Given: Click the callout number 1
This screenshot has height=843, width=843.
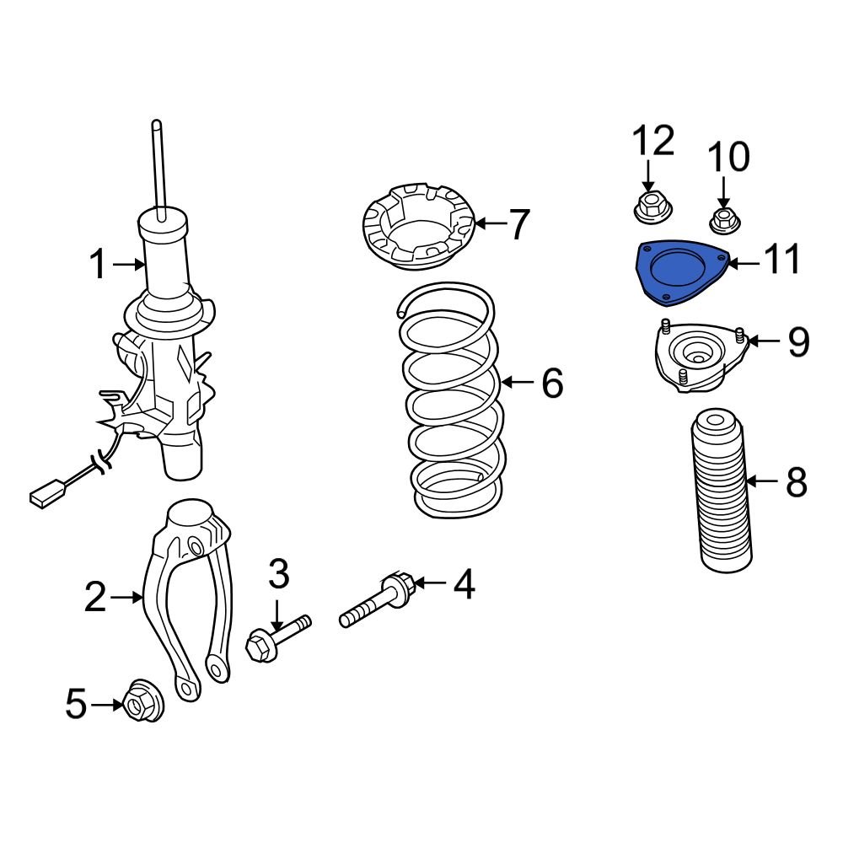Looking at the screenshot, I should coord(99,266).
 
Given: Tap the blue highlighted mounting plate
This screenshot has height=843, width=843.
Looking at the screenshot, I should coord(679,273).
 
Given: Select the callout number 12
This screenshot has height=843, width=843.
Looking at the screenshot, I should coord(653,142).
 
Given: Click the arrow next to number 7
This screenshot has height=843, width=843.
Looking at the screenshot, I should coord(491,224).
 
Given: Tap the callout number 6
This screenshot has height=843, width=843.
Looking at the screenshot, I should coord(551,384).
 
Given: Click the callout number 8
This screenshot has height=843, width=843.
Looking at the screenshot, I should coord(796,483).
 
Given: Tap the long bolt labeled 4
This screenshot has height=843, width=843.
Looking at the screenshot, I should coord(375,603).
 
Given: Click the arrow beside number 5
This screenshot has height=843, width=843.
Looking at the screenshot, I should coord(108,704).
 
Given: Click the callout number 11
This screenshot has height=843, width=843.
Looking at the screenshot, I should coord(781,262).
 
